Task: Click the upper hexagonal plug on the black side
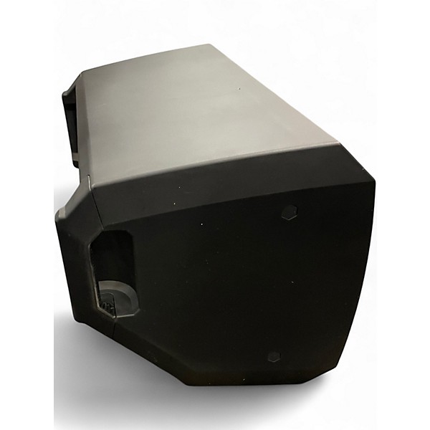290,212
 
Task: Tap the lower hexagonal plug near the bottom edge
272,356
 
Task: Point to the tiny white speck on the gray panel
239,90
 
